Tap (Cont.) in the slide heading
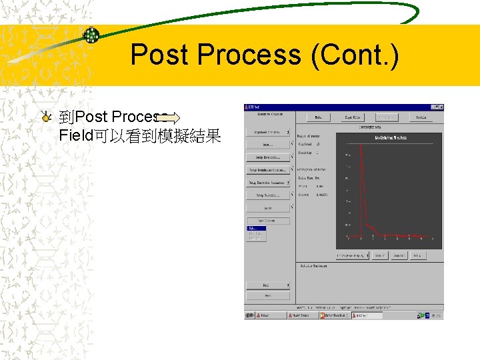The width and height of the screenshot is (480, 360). coord(355,55)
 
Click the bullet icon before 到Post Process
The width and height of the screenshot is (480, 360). coord(45,118)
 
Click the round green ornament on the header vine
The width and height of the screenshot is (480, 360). coord(91,35)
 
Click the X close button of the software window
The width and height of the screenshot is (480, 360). coord(440,107)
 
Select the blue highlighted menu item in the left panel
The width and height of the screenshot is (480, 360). coord(256,228)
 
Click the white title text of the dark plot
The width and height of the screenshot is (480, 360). coord(390,137)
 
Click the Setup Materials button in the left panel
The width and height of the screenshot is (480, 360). coord(268,157)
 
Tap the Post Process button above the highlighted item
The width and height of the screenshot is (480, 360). coord(268,221)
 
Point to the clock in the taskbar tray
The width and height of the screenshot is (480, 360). coord(435,315)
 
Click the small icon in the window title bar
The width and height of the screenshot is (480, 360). coord(247,107)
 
